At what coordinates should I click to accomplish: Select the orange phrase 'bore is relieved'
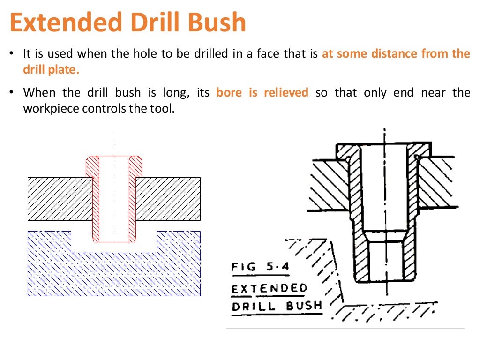[262, 92]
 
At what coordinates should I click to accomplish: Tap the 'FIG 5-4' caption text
[260, 267]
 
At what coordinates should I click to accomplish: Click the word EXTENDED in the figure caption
[269, 287]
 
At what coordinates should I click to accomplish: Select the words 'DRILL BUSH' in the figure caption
[277, 307]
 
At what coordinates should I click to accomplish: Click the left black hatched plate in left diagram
[60, 199]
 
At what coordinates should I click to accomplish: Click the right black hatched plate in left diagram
[168, 199]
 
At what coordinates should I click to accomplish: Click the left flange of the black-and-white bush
[347, 151]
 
